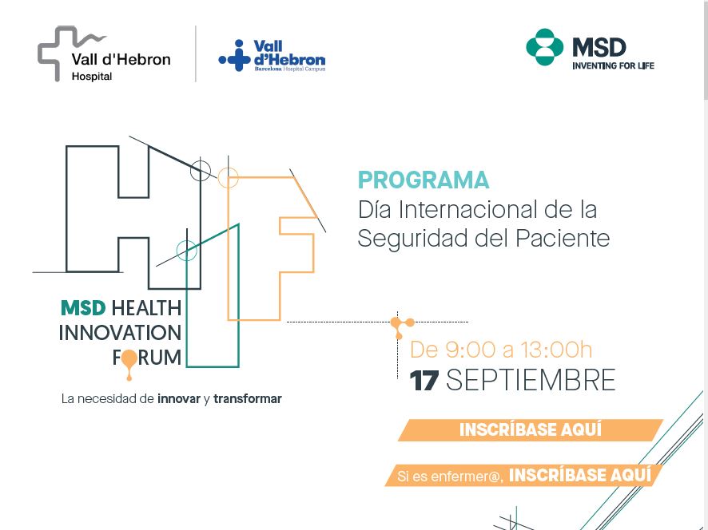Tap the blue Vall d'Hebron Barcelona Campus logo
coord(272,56)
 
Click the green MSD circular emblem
coord(544,47)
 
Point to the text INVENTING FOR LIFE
coord(613,66)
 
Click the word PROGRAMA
coord(424,180)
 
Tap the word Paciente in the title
coord(563,238)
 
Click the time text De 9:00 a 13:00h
coord(501,350)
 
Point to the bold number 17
coord(424,380)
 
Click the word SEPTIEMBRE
coord(531,380)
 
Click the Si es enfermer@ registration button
coord(523,475)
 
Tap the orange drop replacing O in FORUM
coord(129,361)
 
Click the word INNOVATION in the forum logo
coord(120,333)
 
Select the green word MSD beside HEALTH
coord(83,309)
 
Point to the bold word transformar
coord(248,399)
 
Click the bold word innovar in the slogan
coord(179,399)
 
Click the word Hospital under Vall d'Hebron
coord(92,77)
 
